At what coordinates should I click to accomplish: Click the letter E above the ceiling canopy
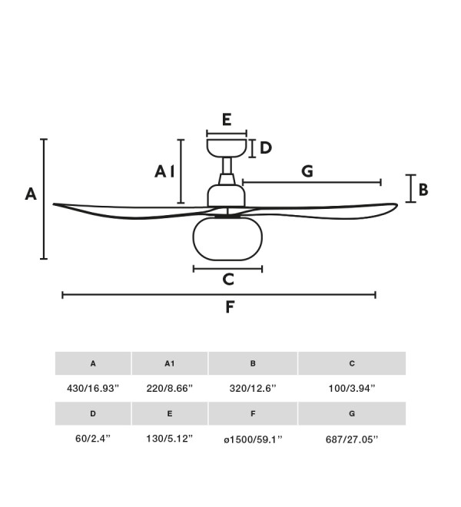[x=227, y=120]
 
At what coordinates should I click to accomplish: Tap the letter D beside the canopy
[x=266, y=148]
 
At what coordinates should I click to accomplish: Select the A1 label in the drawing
[x=164, y=171]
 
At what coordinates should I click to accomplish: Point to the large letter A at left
[x=31, y=194]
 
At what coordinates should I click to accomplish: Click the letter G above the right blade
[x=307, y=171]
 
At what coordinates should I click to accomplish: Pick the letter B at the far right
[x=423, y=190]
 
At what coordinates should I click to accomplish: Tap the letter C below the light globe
[x=228, y=280]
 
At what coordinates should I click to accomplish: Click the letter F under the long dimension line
[x=230, y=307]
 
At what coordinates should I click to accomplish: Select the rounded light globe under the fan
[x=227, y=239]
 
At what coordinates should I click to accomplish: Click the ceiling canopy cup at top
[x=227, y=148]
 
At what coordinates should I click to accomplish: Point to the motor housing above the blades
[x=227, y=196]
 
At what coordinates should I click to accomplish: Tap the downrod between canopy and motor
[x=227, y=166]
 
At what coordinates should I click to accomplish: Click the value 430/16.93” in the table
[x=93, y=388]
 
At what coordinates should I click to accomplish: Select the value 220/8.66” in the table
[x=170, y=388]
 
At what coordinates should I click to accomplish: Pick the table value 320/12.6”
[x=253, y=388]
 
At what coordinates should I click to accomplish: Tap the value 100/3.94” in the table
[x=352, y=388]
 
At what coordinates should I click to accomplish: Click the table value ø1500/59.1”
[x=253, y=439]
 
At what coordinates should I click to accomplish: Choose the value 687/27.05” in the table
[x=352, y=439]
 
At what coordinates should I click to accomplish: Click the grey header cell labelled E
[x=170, y=413]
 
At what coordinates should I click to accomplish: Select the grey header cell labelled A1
[x=170, y=363]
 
